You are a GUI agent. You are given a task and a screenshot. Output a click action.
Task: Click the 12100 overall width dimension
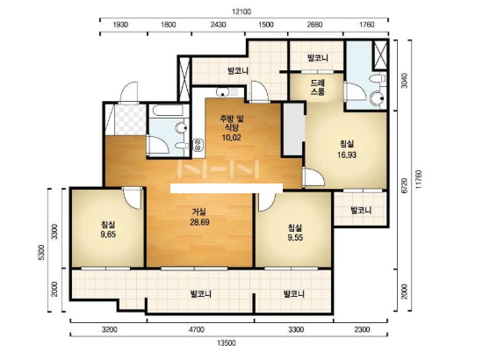pos(241,12)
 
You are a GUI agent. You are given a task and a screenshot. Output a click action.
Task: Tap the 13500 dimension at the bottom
pos(227,343)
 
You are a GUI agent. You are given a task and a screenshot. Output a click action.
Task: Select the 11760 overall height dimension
pos(419,179)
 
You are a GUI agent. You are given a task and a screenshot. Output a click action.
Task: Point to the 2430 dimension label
pos(218,25)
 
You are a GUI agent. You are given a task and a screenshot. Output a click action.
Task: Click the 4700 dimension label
pos(197,329)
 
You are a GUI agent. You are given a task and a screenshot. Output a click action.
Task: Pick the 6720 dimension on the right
pos(404,185)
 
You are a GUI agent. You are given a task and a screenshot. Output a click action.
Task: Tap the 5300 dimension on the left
pos(41,253)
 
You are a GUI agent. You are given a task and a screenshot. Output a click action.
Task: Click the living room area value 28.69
pos(199,222)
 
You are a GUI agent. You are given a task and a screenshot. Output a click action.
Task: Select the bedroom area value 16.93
pos(347,155)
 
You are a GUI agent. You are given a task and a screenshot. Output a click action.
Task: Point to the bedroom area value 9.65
pos(108,234)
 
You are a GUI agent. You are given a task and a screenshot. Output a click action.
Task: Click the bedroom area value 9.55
pos(295,237)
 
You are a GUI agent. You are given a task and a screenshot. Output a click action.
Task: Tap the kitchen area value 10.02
pos(231,138)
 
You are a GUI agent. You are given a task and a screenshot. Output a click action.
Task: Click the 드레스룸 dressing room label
pos(318,88)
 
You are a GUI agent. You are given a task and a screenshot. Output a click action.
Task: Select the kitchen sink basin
pos(222,92)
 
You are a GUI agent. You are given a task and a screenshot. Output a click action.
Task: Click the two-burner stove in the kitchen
pos(198,145)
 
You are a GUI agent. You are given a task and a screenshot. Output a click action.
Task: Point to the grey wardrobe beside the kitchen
pos(294,129)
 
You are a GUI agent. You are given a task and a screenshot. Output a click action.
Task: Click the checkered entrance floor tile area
pos(130,119)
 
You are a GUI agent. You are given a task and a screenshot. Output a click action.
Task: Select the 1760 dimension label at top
pos(366,25)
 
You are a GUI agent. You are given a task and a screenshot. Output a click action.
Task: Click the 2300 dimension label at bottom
pos(362,329)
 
